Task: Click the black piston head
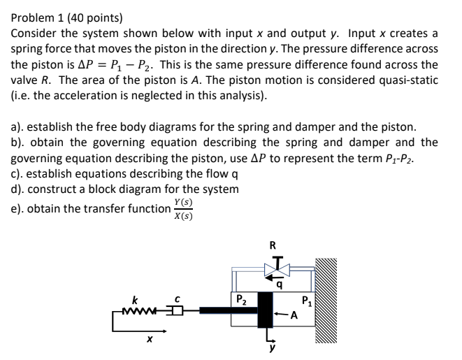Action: click(x=266, y=309)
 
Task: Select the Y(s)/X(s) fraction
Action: click(x=182, y=208)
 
